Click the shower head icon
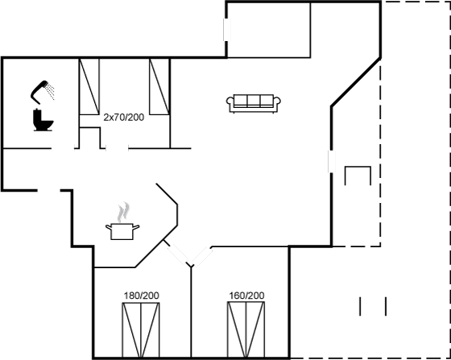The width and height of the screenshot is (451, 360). pyautogui.click(x=42, y=92)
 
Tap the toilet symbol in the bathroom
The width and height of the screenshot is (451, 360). pyautogui.click(x=43, y=120)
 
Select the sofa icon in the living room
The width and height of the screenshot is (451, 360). pyautogui.click(x=254, y=103)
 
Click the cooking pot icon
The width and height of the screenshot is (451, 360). pyautogui.click(x=122, y=231)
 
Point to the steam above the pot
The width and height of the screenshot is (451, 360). pyautogui.click(x=124, y=212)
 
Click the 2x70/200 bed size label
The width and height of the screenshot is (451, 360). pyautogui.click(x=124, y=118)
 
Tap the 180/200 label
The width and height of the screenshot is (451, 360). pyautogui.click(x=141, y=296)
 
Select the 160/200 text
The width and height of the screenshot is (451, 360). pyautogui.click(x=246, y=296)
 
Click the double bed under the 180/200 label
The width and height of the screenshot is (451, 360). pyautogui.click(x=141, y=330)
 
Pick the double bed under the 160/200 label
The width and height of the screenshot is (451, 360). pyautogui.click(x=246, y=329)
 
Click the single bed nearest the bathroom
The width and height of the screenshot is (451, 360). pyautogui.click(x=89, y=86)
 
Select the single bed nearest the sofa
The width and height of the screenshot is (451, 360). pyautogui.click(x=159, y=86)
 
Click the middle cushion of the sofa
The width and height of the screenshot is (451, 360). pyautogui.click(x=254, y=101)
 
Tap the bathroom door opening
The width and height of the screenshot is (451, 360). pyautogui.click(x=63, y=148)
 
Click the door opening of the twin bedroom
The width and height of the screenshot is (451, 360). pyautogui.click(x=117, y=148)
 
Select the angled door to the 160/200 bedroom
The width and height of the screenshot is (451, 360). pyautogui.click(x=202, y=256)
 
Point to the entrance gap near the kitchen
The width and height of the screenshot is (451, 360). pyautogui.click(x=48, y=190)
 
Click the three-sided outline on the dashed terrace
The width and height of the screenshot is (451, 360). pyautogui.click(x=358, y=176)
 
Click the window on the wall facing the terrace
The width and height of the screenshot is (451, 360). pyautogui.click(x=331, y=162)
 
